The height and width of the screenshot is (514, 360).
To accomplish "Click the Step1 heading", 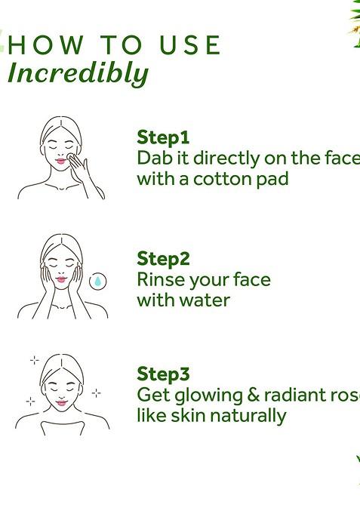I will (x=163, y=137).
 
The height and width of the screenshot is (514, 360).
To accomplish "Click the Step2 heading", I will (x=164, y=259).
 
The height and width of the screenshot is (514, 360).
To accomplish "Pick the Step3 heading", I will (x=164, y=374).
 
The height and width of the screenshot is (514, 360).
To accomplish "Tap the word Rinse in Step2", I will (x=160, y=280).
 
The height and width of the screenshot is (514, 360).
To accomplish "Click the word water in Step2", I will (x=205, y=300).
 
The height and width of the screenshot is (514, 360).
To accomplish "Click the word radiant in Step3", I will (x=293, y=395).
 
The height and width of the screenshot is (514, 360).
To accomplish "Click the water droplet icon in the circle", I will (x=97, y=282).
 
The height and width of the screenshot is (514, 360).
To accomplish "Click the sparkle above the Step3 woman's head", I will (x=34, y=360).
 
